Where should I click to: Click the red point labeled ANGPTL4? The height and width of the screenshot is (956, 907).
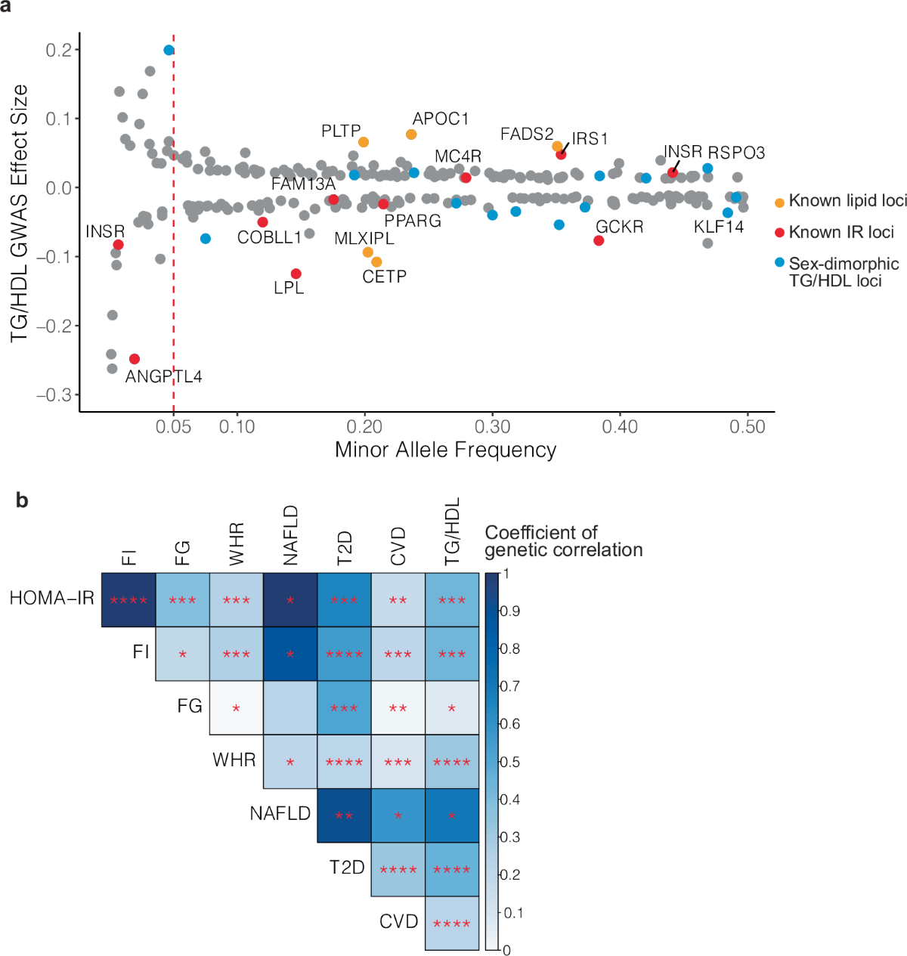pyautogui.click(x=135, y=359)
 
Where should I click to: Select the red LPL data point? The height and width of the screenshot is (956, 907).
pyautogui.click(x=296, y=274)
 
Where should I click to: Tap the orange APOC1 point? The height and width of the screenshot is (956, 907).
pyautogui.click(x=411, y=135)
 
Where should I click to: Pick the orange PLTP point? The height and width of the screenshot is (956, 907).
pyautogui.click(x=364, y=142)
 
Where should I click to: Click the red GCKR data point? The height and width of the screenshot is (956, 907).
pyautogui.click(x=599, y=240)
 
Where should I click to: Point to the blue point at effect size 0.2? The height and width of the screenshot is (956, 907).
pyautogui.click(x=169, y=50)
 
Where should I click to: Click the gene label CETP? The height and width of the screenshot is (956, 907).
pyautogui.click(x=384, y=277)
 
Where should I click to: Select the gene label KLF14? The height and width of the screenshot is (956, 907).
pyautogui.click(x=719, y=227)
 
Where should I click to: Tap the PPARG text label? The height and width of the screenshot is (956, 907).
pyautogui.click(x=413, y=221)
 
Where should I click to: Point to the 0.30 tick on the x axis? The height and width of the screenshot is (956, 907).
pyautogui.click(x=493, y=427)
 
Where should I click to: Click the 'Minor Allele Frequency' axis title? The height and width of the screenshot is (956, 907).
pyautogui.click(x=445, y=450)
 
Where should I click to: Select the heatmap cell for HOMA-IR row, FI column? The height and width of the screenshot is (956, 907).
pyautogui.click(x=128, y=600)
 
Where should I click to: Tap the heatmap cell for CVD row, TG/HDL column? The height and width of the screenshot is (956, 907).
pyautogui.click(x=452, y=923)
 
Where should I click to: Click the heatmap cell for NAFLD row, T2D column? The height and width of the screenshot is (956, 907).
pyautogui.click(x=344, y=815)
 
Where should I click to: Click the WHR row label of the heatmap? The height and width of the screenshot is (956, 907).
pyautogui.click(x=234, y=760)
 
